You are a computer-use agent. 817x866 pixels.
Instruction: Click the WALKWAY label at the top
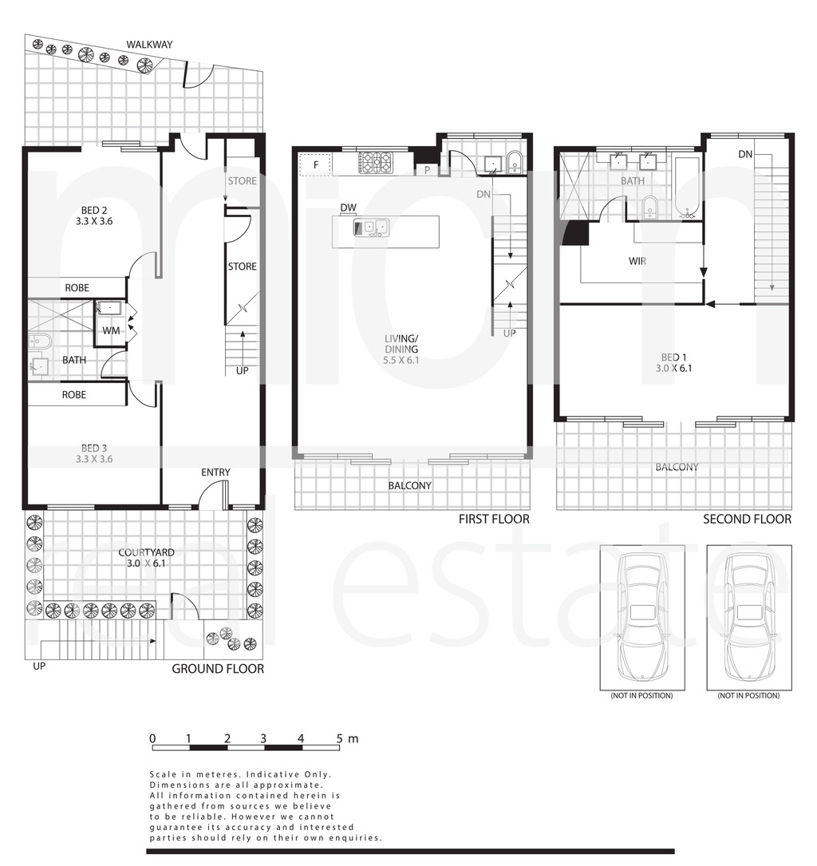[149, 45]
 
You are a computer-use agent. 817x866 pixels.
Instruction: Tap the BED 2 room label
[94, 211]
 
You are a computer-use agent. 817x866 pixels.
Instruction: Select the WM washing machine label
[111, 330]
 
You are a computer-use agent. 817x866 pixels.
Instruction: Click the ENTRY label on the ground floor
[215, 473]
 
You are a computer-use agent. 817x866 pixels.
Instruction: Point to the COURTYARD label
[146, 553]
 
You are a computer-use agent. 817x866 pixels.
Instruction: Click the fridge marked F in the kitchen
[315, 164]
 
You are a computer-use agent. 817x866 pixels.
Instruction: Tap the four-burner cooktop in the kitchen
[375, 163]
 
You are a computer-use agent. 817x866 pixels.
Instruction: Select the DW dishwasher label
[349, 208]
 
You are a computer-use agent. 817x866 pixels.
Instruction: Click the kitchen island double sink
[371, 227]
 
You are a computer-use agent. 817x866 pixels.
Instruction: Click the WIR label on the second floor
[637, 261]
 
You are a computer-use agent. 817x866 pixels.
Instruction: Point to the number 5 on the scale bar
[340, 738]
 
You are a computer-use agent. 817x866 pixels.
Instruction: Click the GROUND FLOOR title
[218, 669]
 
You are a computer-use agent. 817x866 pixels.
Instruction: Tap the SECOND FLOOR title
[747, 519]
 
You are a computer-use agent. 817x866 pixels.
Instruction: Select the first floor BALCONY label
[409, 485]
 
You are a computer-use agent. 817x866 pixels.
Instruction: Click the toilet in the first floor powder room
[514, 162]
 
